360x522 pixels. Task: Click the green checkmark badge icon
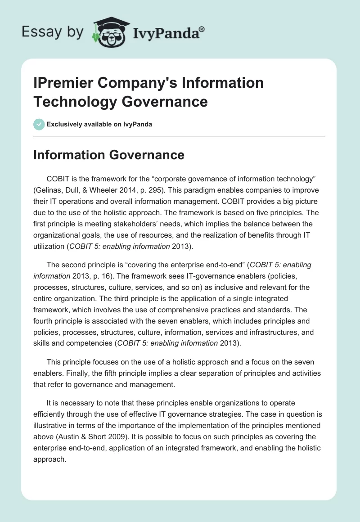pos(39,124)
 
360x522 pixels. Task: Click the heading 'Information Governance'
pos(109,155)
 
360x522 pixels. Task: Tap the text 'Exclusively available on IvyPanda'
pos(99,124)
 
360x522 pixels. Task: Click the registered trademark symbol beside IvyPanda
pos(202,28)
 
